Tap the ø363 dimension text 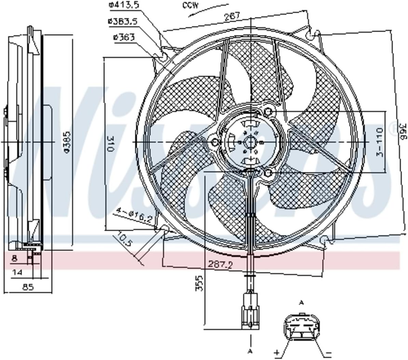122,37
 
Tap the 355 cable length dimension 199,283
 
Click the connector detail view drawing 301,328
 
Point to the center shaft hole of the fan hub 251,142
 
